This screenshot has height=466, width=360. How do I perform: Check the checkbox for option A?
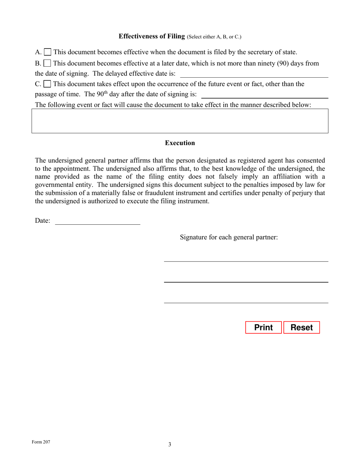tap(48, 52)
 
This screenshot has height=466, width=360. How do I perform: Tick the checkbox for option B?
tap(47, 63)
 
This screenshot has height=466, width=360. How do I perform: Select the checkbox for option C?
tap(48, 84)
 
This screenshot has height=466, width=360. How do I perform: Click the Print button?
tap(263, 328)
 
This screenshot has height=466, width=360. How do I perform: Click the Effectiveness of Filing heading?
tap(152, 36)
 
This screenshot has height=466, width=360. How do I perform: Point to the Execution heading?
tap(180, 143)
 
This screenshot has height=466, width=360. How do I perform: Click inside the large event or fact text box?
tap(180, 121)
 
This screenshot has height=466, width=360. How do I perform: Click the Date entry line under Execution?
tap(98, 221)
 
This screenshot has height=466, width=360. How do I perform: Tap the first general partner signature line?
tap(246, 258)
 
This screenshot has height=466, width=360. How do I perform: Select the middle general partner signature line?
tap(246, 279)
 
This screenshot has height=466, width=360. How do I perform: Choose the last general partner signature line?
tap(246, 300)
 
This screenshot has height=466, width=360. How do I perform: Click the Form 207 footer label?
tap(41, 442)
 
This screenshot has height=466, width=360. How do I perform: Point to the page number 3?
tap(170, 444)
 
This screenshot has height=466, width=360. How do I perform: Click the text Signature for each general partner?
tap(229, 238)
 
